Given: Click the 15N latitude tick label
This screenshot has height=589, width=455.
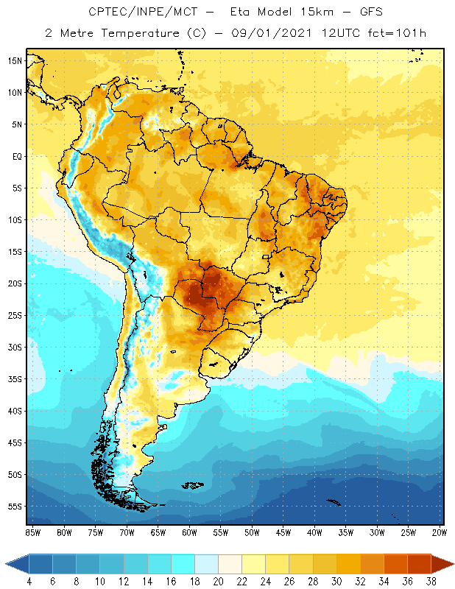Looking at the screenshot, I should click(15, 60).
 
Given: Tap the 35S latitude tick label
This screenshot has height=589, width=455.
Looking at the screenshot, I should click(15, 379).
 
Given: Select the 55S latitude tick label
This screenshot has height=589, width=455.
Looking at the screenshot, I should click(15, 507).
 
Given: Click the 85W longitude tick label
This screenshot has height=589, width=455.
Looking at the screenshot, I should click(33, 532).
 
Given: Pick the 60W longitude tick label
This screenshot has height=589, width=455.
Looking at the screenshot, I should click(189, 532).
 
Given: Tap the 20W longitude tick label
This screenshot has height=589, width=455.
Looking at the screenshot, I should click(439, 532).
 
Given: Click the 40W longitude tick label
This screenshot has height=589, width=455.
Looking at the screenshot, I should click(314, 532).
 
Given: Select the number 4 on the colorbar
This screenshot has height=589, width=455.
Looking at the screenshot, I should click(29, 582).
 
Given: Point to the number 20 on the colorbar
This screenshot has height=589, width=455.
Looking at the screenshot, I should click(217, 582).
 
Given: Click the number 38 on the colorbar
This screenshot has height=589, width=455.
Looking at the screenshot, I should click(429, 582).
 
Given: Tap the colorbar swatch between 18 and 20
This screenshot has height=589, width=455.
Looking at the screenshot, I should click(205, 564).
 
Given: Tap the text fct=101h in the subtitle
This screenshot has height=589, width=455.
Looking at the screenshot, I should click(394, 33).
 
